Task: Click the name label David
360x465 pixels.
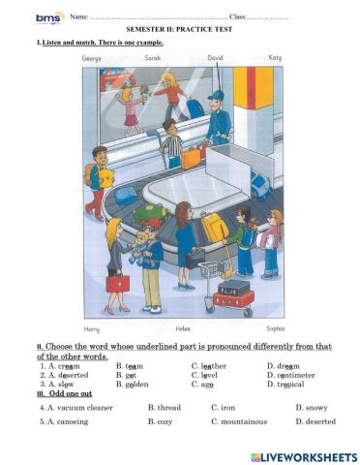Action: click(x=215, y=58)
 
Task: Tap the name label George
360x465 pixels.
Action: click(x=93, y=58)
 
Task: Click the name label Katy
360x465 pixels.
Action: click(x=275, y=58)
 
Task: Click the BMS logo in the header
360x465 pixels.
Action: click(x=49, y=17)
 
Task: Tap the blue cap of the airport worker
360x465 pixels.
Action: click(x=216, y=94)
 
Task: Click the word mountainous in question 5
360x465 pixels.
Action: click(x=242, y=421)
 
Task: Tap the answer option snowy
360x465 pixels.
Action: click(x=311, y=408)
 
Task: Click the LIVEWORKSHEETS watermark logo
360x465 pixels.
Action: click(x=303, y=455)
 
